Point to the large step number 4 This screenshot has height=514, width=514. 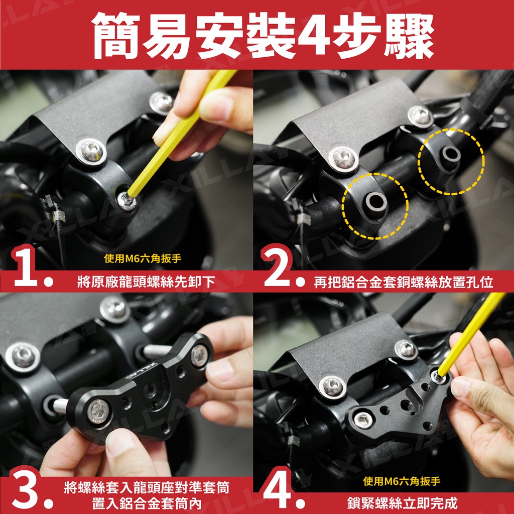[x=277, y=490]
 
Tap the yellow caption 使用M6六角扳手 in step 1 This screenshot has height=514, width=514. [x=143, y=259]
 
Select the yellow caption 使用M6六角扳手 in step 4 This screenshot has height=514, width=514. [x=402, y=481]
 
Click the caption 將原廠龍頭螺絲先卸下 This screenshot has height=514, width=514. [x=147, y=282]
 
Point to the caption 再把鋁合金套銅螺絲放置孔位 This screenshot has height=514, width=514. [x=403, y=282]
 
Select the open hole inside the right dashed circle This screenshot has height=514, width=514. [x=451, y=154]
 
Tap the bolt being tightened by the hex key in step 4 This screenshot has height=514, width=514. [x=438, y=376]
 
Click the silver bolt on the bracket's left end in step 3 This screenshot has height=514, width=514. [x=97, y=412]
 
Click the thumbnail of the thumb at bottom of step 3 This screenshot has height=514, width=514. [x=118, y=443]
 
